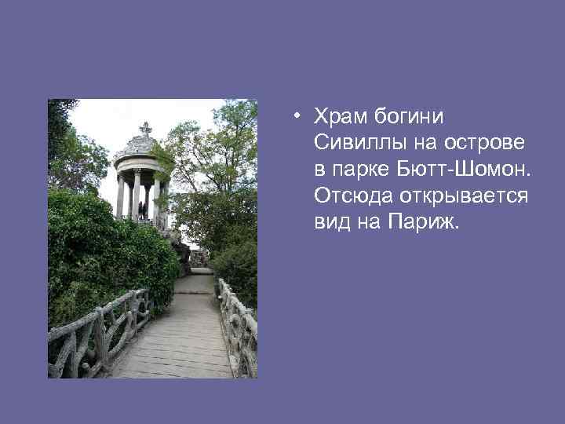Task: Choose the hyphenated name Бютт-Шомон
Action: (460, 169)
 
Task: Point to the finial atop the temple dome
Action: (145, 127)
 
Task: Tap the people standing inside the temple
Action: (142, 208)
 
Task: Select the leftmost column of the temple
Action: (120, 196)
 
